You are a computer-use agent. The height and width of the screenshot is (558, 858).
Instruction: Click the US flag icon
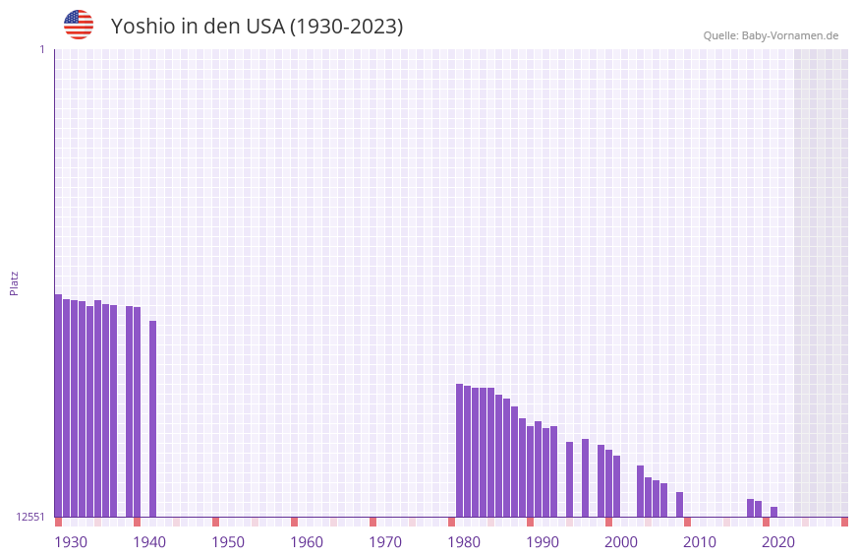click(79, 25)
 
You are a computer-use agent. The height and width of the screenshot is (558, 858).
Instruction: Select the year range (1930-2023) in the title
click(346, 27)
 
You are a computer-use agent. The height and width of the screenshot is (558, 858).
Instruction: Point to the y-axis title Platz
click(14, 282)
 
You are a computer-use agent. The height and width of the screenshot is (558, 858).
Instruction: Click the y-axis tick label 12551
click(29, 517)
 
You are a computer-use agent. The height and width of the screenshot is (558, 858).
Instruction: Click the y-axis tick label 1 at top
click(41, 49)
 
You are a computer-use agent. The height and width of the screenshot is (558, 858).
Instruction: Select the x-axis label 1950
click(228, 542)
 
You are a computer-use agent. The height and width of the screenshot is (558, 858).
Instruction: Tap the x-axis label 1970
click(385, 542)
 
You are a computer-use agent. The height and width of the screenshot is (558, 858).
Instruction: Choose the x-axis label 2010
click(700, 542)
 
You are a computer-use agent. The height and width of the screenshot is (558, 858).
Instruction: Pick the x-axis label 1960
click(307, 542)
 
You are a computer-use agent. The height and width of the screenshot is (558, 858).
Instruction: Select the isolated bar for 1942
click(152, 418)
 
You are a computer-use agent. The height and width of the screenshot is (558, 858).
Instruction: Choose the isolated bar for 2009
click(679, 504)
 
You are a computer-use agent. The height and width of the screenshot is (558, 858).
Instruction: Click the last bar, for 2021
click(773, 512)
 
